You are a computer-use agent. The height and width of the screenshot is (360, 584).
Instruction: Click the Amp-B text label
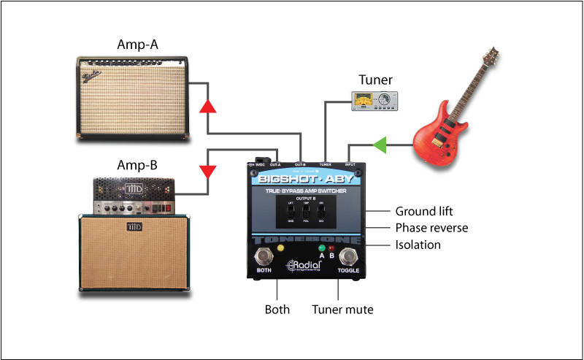point(137,164)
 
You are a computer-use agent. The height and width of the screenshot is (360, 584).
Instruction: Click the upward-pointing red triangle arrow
point(207,106)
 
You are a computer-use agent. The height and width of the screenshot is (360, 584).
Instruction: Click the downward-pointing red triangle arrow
point(208,172)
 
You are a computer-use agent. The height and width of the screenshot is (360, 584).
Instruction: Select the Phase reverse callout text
point(431,227)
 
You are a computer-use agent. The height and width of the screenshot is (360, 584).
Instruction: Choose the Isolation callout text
point(418,245)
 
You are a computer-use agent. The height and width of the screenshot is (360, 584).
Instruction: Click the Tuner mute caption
point(342,310)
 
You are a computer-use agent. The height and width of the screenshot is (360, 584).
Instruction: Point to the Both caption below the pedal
point(277,310)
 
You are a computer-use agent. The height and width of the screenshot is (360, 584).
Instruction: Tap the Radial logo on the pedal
point(302,267)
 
